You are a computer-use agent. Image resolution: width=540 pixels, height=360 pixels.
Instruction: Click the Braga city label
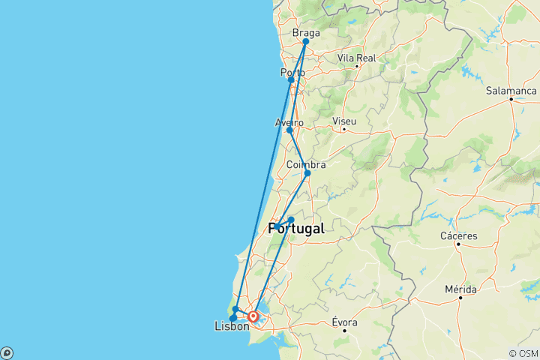click(x=306, y=33)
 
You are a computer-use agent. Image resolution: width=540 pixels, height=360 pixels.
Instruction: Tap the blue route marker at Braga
click(x=306, y=42)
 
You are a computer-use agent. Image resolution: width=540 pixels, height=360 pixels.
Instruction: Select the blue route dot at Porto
click(x=291, y=79)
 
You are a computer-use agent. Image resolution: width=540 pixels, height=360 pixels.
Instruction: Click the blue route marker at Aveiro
click(x=289, y=130)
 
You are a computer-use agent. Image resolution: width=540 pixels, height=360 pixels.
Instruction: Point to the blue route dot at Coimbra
click(x=307, y=173)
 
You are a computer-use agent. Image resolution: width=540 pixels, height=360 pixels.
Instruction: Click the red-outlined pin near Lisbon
click(x=253, y=316)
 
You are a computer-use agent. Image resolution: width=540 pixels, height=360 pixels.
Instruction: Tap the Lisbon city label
click(x=232, y=326)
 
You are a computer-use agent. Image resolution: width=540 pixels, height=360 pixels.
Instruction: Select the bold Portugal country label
click(x=297, y=229)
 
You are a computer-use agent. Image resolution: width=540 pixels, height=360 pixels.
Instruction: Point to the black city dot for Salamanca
click(x=511, y=99)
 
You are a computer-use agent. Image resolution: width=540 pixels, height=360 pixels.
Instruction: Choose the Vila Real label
click(x=356, y=58)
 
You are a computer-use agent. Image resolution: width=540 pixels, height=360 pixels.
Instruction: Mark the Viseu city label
click(x=343, y=121)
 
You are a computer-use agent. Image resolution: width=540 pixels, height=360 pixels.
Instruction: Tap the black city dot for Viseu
click(x=343, y=130)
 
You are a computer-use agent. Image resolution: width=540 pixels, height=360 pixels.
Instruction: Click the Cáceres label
click(x=459, y=235)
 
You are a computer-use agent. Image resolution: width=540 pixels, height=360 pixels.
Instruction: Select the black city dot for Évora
click(x=345, y=331)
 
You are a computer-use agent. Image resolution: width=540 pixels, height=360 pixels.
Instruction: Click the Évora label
click(x=344, y=322)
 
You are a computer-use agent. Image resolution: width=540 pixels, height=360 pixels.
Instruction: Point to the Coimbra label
click(x=306, y=164)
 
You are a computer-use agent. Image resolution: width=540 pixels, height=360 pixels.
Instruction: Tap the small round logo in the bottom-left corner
click(x=6, y=353)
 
